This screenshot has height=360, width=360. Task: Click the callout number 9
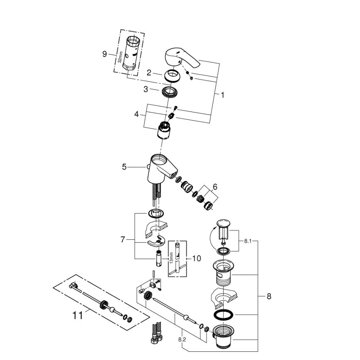[x=105, y=54]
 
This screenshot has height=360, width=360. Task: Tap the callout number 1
[x=222, y=95]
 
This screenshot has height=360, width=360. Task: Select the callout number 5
[x=124, y=167]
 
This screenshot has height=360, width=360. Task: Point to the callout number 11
[x=78, y=316]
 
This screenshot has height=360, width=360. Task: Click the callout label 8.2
[x=182, y=339]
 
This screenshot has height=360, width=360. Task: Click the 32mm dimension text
[x=120, y=54]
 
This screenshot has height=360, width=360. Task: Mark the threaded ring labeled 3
[x=169, y=92]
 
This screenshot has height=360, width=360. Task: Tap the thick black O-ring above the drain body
[x=224, y=315]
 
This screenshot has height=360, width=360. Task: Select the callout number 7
[x=122, y=239]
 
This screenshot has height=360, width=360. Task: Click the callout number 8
[x=269, y=297]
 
